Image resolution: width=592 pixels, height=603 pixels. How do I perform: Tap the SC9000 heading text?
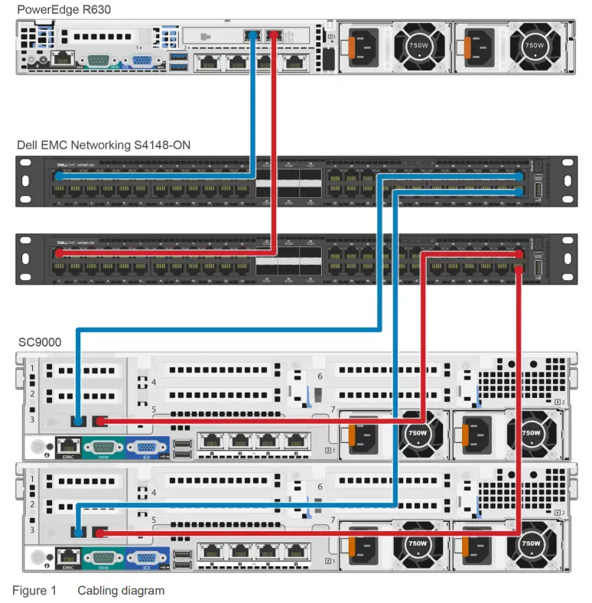(40, 341)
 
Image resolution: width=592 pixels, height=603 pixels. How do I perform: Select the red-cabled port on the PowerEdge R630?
(275, 36)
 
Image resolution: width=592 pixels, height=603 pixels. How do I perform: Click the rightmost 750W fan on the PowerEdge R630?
(533, 45)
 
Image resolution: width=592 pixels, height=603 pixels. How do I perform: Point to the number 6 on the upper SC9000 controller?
(320, 376)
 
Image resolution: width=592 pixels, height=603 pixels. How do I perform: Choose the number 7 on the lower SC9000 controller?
(333, 520)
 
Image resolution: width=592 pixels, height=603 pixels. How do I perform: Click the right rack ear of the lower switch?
(566, 258)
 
